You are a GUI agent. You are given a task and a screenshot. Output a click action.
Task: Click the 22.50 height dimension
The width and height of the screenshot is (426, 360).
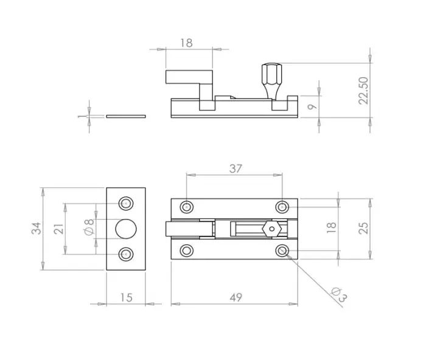coord(364,90)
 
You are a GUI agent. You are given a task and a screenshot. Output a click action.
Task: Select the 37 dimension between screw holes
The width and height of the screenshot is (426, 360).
coord(235,169)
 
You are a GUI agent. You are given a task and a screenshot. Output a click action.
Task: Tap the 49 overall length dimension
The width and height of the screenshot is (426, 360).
coord(236,297)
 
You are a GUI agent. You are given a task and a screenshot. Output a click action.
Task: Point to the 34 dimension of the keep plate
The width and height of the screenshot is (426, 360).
coord(37,228)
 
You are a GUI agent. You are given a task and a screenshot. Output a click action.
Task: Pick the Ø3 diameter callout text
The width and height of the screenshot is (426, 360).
coord(340,295)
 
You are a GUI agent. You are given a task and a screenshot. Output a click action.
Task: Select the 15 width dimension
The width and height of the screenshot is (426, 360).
coord(125,297)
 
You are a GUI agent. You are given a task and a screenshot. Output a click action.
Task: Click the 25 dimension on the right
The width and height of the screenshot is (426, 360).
coord(363,228)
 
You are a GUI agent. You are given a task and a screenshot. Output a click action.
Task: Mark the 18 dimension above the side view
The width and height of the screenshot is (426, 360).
coord(187,43)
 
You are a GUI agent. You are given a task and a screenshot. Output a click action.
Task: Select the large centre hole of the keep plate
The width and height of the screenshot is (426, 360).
coord(126,229)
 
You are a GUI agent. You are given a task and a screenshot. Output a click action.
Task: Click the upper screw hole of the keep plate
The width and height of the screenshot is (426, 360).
coord(126,203)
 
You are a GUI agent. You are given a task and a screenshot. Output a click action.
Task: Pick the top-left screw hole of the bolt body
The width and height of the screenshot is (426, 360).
coord(186,206)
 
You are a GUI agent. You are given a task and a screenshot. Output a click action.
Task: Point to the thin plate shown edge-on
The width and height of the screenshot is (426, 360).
coord(126,114)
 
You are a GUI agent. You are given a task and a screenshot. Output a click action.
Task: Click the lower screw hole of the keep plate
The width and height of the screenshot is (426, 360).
coord(126,254)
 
